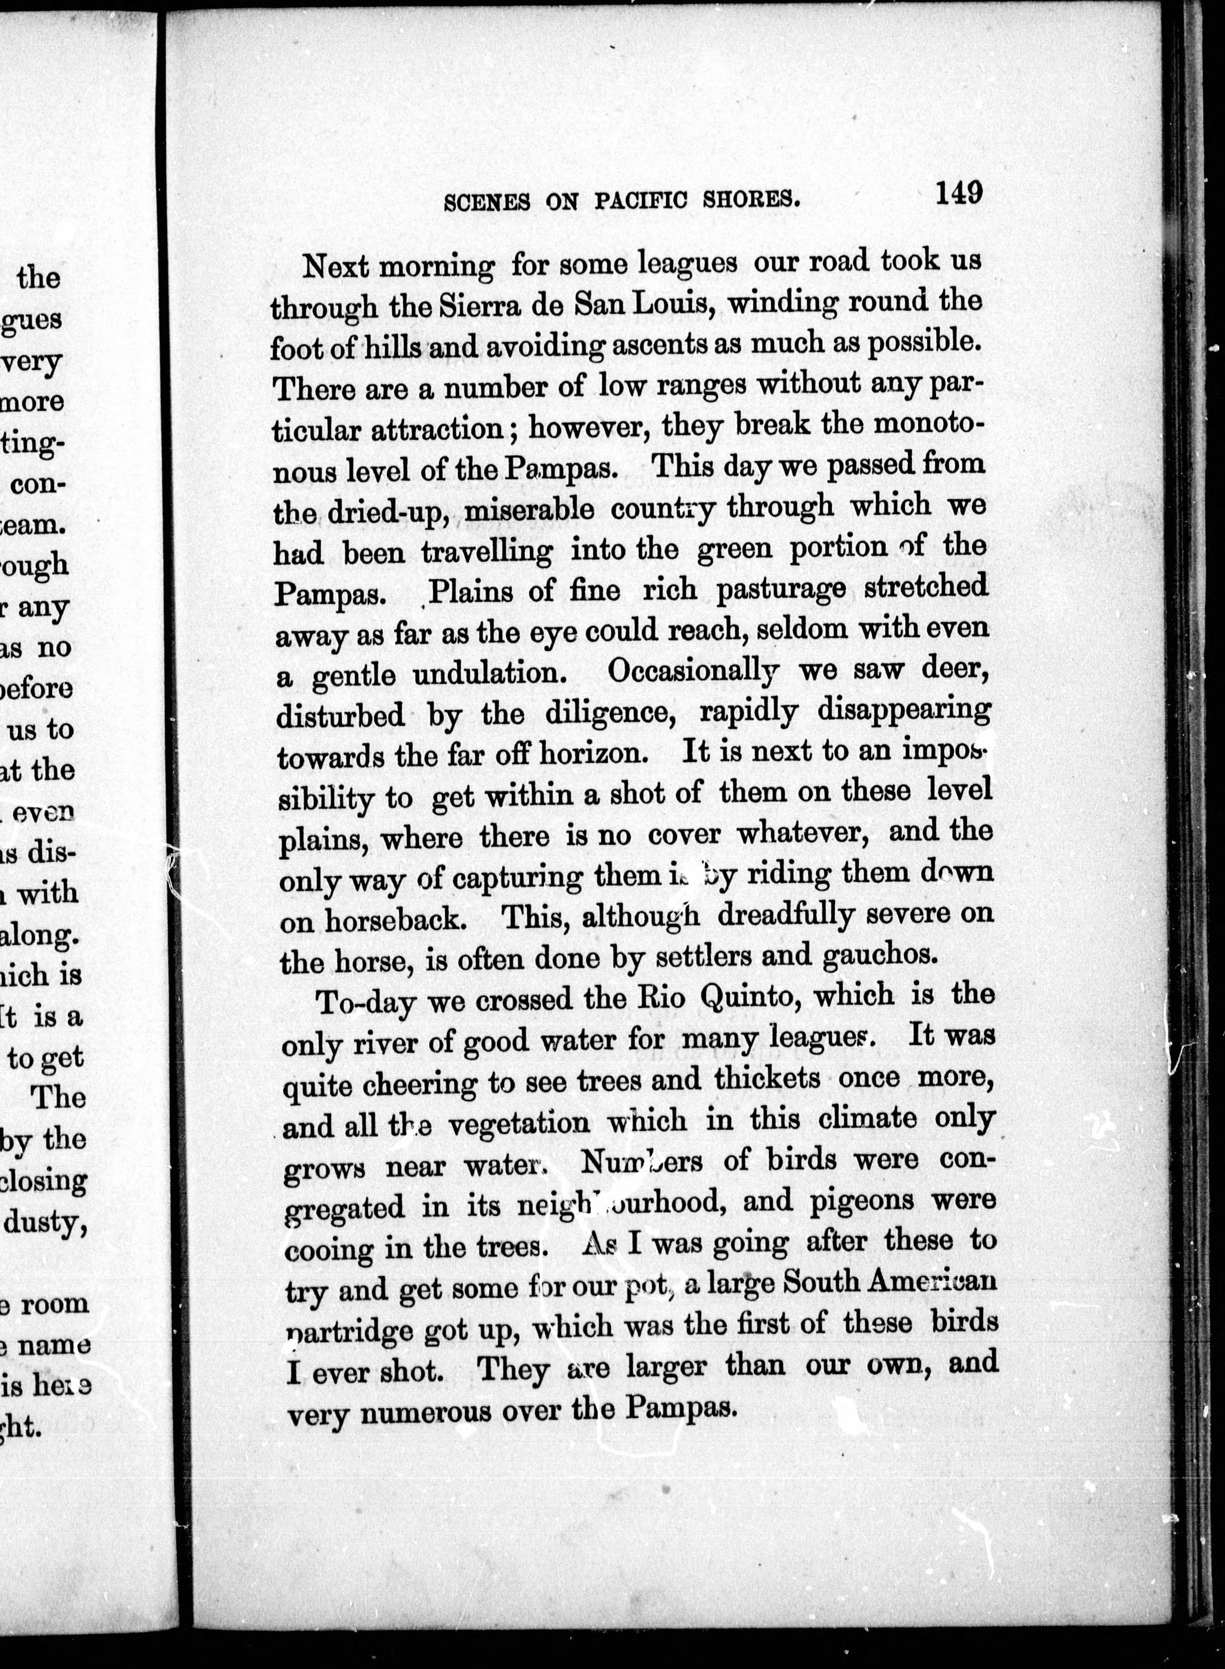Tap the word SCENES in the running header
486,202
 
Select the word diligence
613,714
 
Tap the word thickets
767,1079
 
